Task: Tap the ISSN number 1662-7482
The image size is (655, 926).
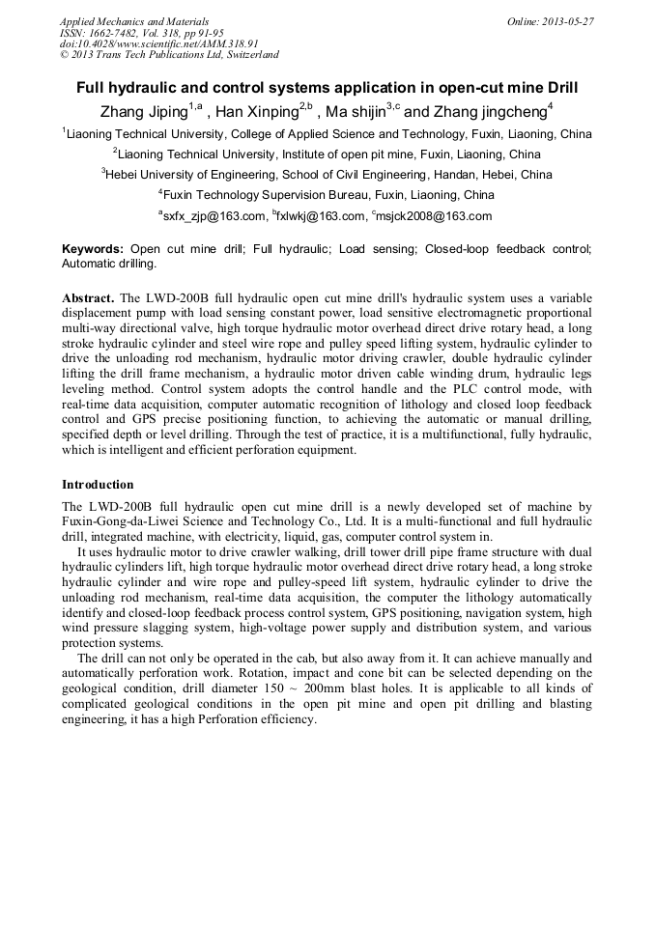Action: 120,32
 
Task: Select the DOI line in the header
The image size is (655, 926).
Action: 159,43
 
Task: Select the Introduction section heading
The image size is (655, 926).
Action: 98,484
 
